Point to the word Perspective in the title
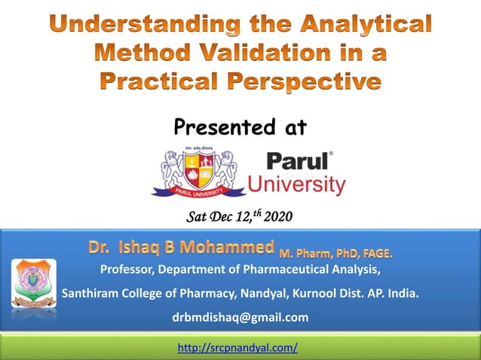coord(308,81)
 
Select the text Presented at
coord(240,127)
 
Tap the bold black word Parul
coord(296,162)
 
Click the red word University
coord(296,185)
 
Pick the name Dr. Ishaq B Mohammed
coord(181,247)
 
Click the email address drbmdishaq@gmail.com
coord(240,317)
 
